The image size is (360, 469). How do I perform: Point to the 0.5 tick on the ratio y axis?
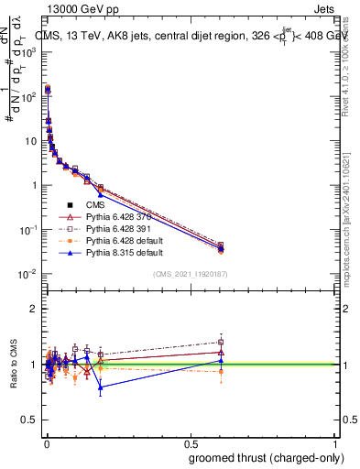30,420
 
